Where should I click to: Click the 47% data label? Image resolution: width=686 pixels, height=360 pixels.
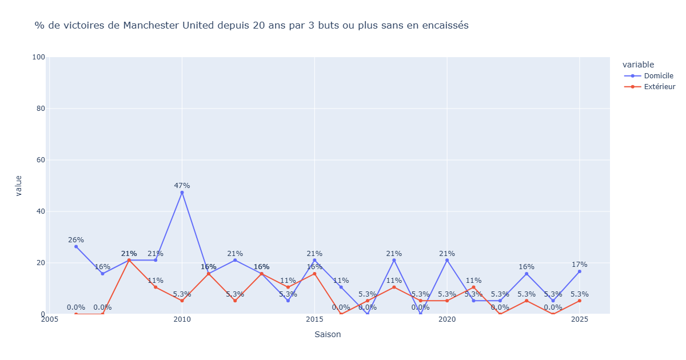pos(182,185)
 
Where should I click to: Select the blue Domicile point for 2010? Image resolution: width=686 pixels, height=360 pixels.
pos(182,193)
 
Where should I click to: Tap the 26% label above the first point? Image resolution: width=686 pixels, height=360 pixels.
pos(75,240)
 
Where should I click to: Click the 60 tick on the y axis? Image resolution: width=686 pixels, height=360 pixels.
pos(40,160)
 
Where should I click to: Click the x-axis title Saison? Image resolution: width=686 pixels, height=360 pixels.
pos(328,334)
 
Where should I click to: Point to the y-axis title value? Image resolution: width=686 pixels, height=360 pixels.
pos(19,186)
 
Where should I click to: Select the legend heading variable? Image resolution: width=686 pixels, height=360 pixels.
pos(638,65)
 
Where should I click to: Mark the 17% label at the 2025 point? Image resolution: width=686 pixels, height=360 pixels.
pos(579,265)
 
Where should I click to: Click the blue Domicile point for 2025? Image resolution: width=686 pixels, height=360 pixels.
pos(579,271)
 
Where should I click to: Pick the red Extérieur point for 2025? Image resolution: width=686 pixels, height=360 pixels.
pos(579,301)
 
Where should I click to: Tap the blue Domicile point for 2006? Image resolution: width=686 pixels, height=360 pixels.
pos(75,246)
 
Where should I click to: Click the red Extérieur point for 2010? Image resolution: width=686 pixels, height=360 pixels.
pos(182,301)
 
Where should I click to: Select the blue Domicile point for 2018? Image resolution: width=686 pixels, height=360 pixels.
pos(394,260)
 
